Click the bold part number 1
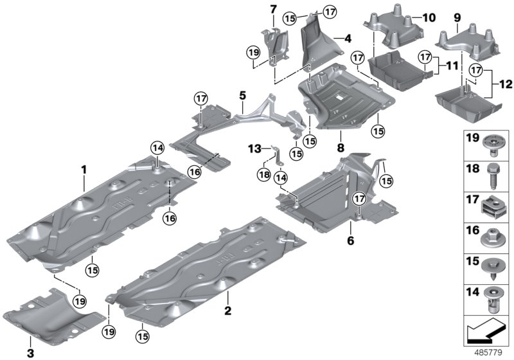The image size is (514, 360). click(83, 169)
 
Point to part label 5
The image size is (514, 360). click(242, 95)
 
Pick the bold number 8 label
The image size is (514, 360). click(339, 136)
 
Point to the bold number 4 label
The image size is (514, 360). click(348, 39)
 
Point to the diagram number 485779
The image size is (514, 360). click(490, 353)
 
